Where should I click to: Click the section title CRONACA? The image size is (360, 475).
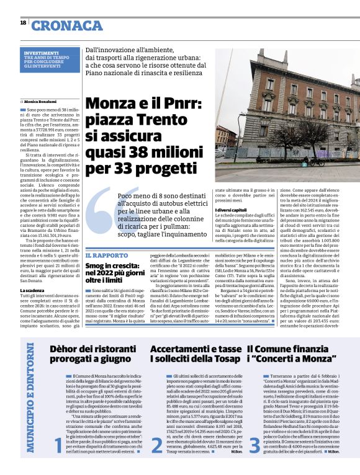click(68, 25)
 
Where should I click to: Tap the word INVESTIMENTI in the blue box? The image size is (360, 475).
click(42, 54)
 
